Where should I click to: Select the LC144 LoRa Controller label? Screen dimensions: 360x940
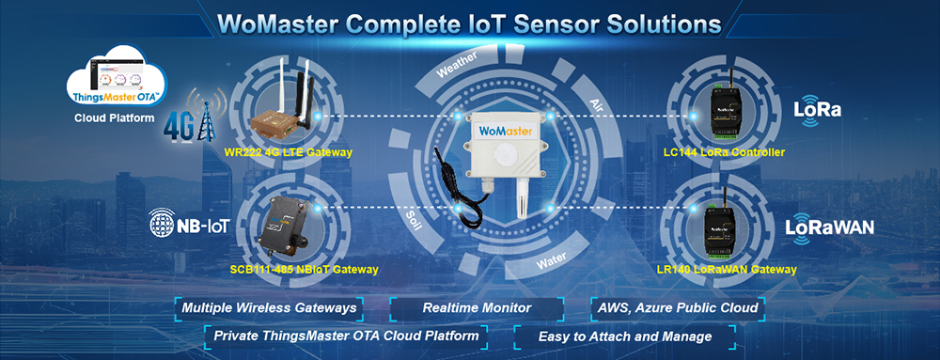coord(724,152)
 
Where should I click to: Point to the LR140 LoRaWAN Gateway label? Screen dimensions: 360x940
coord(727,270)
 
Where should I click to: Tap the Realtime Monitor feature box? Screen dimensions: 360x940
coord(477,307)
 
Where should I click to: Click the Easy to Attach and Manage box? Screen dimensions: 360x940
coord(624,336)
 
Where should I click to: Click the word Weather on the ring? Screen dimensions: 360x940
coord(459,65)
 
